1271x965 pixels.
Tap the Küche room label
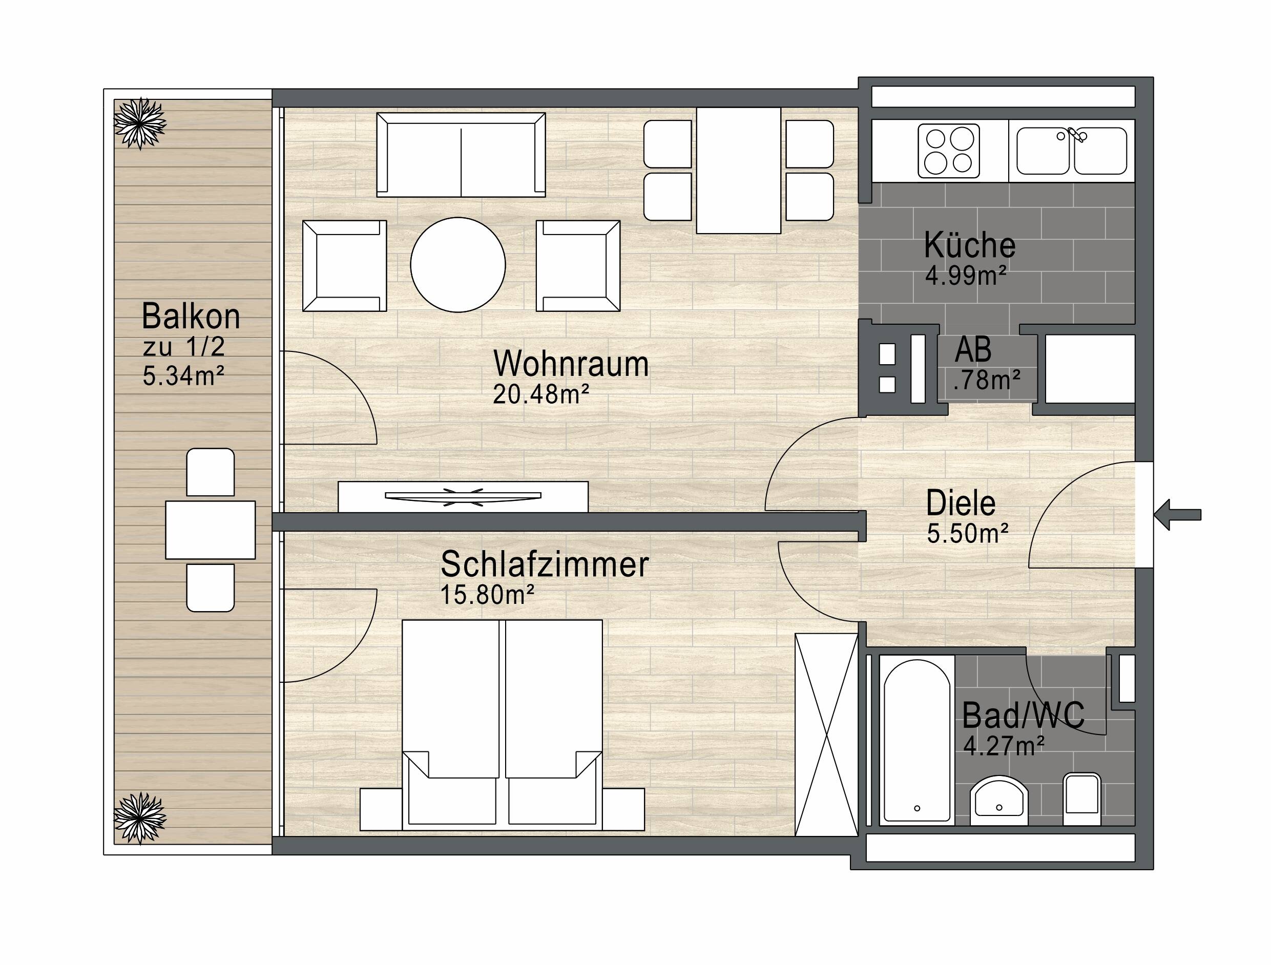tap(969, 245)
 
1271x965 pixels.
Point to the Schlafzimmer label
tap(544, 564)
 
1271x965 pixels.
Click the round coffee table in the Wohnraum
tap(458, 265)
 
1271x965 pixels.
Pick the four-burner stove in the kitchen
tap(949, 151)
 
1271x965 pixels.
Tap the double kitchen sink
tap(1072, 151)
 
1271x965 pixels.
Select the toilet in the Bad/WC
tap(1082, 800)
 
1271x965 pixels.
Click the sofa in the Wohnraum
tap(461, 155)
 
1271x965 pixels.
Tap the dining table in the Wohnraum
tap(738, 171)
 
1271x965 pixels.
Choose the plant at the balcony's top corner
tap(140, 123)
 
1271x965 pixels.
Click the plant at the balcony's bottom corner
tap(140, 818)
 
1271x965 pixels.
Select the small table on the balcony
tap(211, 530)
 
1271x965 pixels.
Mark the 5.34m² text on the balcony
tap(183, 376)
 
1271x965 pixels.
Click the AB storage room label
tap(973, 349)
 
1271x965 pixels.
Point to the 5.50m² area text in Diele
tap(968, 534)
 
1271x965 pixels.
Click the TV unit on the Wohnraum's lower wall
tap(463, 496)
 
